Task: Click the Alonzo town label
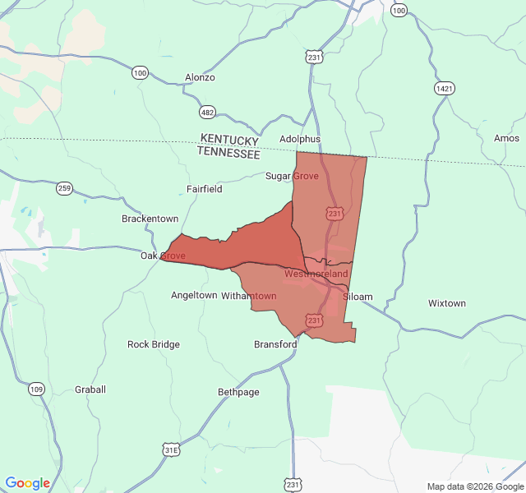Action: [x=200, y=77]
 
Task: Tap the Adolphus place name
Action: [x=300, y=139]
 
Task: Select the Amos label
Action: [x=506, y=139]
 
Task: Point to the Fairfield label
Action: [x=204, y=188]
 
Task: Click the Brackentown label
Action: [x=150, y=219]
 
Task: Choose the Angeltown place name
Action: [x=194, y=295]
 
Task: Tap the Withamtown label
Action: [x=249, y=295]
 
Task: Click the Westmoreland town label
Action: [x=316, y=273]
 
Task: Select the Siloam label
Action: [x=358, y=297]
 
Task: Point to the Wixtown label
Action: [x=447, y=303]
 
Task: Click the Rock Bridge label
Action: [x=154, y=344]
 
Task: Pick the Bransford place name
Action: [x=275, y=344]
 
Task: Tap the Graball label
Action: [x=90, y=389]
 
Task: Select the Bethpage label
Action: [x=238, y=393]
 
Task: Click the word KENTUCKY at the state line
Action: [x=229, y=140]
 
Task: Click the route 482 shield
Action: [x=208, y=112]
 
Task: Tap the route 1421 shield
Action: [x=445, y=88]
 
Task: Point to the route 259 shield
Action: [x=65, y=188]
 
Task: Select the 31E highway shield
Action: [x=171, y=449]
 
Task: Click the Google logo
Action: [x=28, y=483]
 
